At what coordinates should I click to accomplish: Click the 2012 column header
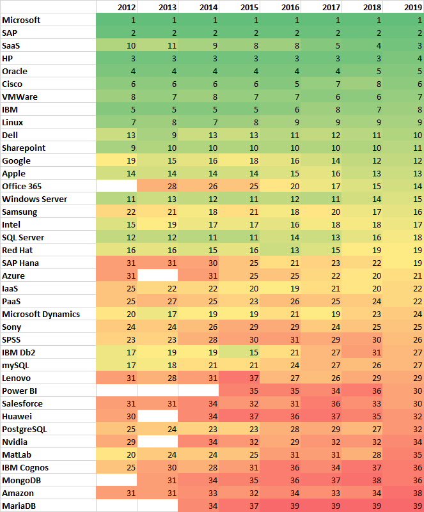click(118, 7)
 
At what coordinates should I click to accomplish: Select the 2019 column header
click(404, 7)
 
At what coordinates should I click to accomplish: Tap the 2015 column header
click(240, 7)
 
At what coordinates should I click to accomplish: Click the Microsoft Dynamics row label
click(41, 314)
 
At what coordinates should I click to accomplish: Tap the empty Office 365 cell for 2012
click(117, 186)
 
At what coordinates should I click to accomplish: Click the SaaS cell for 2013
click(158, 45)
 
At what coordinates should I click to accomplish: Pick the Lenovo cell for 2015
click(240, 378)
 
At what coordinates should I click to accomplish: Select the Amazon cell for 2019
click(404, 493)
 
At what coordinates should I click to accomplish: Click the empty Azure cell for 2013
click(158, 275)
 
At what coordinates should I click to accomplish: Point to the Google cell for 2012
click(117, 160)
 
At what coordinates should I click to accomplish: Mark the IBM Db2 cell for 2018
click(363, 352)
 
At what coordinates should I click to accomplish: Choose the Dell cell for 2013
click(158, 135)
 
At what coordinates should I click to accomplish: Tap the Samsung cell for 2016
click(281, 212)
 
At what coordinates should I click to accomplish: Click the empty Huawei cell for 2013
click(158, 416)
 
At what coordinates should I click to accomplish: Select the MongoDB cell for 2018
click(363, 480)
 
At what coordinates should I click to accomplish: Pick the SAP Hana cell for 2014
click(199, 263)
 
